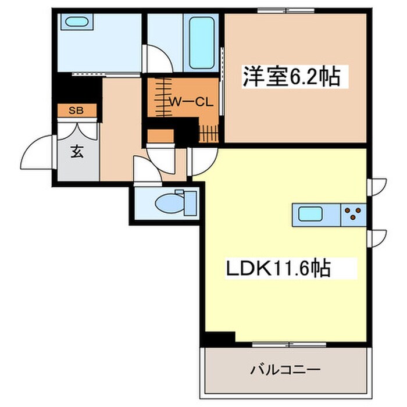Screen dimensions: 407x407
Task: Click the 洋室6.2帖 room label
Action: pos(291,77)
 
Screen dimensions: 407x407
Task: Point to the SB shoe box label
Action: pos(76,110)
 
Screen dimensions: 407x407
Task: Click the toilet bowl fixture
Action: pos(173,203)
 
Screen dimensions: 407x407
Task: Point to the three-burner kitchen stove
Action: pos(353,216)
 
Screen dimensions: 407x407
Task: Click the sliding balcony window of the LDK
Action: pos(288,344)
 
